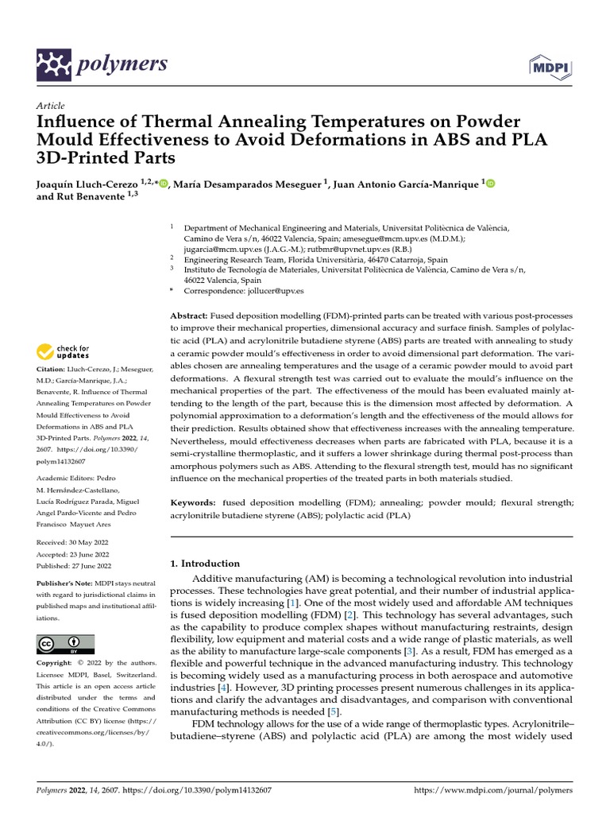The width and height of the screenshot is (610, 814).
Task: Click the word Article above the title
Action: (x=50, y=105)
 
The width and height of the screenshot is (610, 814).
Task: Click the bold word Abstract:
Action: (x=190, y=315)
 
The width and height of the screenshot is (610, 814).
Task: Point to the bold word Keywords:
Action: (x=193, y=502)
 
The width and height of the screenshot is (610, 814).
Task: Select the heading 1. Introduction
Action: (x=205, y=564)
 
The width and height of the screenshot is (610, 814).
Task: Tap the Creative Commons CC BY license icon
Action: (x=65, y=643)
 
